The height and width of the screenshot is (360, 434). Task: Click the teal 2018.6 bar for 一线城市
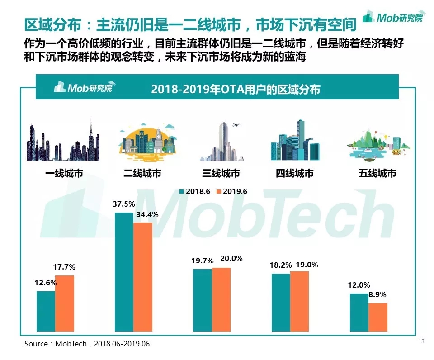[x=46, y=311]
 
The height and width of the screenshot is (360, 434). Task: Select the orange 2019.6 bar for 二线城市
[x=142, y=276]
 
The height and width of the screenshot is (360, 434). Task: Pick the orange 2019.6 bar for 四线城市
[x=299, y=301]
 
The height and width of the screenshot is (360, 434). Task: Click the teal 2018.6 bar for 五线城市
[x=359, y=312]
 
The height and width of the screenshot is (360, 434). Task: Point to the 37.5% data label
[x=124, y=204]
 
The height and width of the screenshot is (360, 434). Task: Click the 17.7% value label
[x=64, y=267]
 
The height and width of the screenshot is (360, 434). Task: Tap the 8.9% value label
[x=377, y=294]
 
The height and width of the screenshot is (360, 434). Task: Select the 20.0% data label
[x=231, y=259]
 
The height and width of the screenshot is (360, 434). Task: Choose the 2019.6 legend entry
[x=232, y=191]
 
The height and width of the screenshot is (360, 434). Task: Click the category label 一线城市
[x=64, y=173]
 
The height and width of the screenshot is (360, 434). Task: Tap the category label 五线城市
[x=377, y=173]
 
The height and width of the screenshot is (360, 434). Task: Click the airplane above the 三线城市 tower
[x=235, y=125]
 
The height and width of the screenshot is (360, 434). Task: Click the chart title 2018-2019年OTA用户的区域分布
[x=236, y=89]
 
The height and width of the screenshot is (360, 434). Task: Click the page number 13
[x=421, y=341]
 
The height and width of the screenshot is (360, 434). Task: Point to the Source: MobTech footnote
[x=87, y=344]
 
